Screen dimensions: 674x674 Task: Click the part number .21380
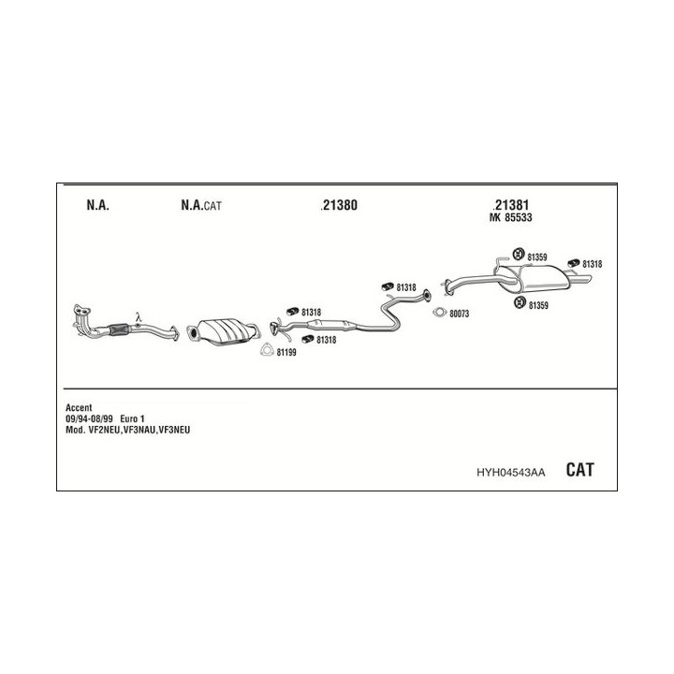(339, 205)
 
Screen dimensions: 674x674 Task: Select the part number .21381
(511, 205)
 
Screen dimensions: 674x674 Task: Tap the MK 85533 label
(511, 217)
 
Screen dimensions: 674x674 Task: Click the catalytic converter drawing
(223, 331)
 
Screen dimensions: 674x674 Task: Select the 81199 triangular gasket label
(286, 353)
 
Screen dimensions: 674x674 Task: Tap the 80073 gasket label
(459, 314)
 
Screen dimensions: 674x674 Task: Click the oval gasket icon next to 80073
(440, 313)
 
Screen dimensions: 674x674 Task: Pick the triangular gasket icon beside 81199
(267, 350)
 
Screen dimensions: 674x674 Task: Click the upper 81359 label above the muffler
(537, 257)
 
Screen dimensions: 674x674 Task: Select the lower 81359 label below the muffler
(538, 305)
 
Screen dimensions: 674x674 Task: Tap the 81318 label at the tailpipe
(592, 264)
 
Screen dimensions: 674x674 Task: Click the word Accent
(79, 407)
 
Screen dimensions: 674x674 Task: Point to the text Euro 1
(132, 418)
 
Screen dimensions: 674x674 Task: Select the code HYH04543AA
(511, 473)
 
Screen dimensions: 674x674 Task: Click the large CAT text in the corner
(579, 469)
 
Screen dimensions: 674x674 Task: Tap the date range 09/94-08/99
(89, 418)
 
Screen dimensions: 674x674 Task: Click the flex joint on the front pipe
(119, 329)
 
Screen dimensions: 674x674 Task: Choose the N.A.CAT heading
(201, 205)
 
